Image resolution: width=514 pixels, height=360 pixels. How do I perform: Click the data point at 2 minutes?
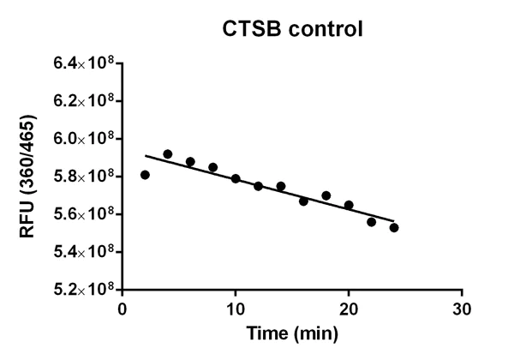point(146,175)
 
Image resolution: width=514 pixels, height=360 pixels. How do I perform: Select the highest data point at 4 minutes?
point(168,154)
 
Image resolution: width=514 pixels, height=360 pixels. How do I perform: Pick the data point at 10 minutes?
point(236,178)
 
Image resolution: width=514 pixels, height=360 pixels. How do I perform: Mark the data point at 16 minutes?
point(303,201)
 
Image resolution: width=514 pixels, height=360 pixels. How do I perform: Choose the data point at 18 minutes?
point(326,195)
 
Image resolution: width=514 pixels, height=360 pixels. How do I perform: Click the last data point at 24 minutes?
point(394,227)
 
